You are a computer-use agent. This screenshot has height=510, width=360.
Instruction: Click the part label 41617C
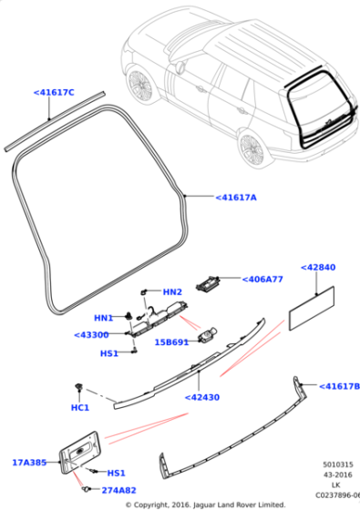click(54, 92)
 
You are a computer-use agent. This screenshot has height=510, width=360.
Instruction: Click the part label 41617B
click(338, 386)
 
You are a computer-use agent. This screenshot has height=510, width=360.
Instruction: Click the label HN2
click(172, 291)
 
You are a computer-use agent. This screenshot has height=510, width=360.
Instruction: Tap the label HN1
click(103, 318)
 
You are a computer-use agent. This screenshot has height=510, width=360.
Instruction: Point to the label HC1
click(80, 407)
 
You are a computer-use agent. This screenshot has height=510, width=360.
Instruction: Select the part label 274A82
click(118, 490)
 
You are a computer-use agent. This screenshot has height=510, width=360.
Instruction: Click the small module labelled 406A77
click(211, 281)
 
